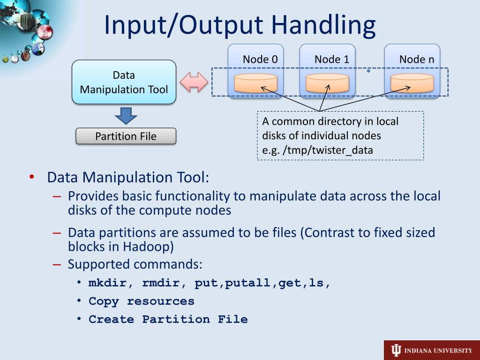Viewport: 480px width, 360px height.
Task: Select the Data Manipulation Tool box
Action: [124, 82]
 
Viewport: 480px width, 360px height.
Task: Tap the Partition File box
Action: [126, 136]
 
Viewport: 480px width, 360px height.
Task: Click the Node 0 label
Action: [260, 60]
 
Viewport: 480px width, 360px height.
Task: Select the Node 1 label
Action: [332, 60]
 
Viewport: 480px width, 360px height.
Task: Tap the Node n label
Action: [417, 60]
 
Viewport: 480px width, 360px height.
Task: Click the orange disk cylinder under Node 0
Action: [255, 83]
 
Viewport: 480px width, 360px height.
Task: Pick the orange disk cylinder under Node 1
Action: [327, 83]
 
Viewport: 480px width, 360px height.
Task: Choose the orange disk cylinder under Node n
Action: [412, 83]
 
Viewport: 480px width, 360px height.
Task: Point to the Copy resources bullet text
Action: [141, 301]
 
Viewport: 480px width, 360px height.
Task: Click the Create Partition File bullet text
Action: [168, 320]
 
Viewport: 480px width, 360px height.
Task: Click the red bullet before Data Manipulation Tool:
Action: [31, 177]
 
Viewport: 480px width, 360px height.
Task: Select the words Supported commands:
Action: [135, 264]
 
